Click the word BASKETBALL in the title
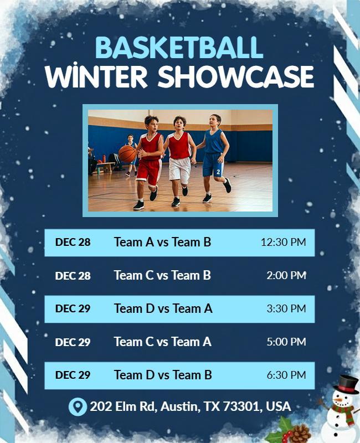(179, 48)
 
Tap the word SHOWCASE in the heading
(236, 77)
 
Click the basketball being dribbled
(127, 153)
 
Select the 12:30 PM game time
(283, 242)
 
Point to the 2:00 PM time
(286, 275)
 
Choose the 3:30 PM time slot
(286, 308)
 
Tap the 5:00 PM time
(286, 342)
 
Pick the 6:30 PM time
(286, 375)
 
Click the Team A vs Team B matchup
(162, 242)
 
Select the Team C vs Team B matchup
(162, 275)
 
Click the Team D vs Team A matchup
(163, 308)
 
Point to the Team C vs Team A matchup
(162, 342)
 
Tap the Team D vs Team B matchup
(163, 375)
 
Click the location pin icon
(78, 406)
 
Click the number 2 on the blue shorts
(218, 172)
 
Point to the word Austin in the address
(182, 406)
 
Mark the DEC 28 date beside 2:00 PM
(73, 275)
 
